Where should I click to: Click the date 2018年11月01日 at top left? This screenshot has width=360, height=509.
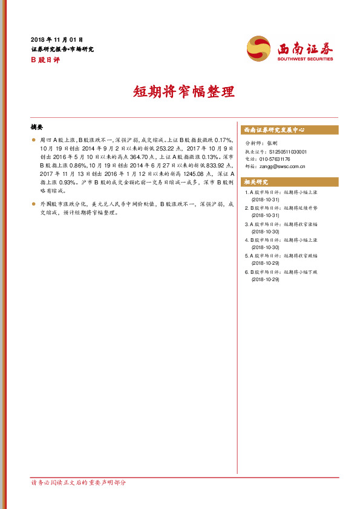56,39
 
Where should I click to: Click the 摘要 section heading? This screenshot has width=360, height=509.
37,128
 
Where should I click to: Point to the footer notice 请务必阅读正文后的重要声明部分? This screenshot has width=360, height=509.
79,482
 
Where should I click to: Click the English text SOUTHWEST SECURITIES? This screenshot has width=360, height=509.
305,59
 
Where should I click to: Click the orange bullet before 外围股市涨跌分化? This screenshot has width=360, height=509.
33,204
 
